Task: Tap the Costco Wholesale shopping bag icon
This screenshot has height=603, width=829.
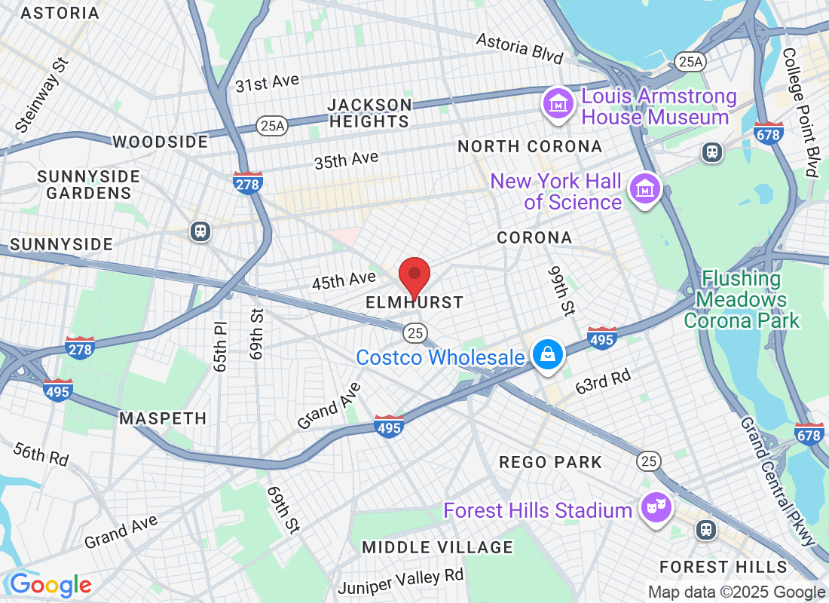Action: click(548, 354)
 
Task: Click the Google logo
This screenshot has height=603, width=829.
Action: click(50, 585)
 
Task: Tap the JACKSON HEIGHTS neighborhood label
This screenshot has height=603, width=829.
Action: click(369, 113)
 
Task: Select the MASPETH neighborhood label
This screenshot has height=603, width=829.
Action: click(163, 418)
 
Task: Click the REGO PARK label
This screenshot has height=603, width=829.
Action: click(551, 462)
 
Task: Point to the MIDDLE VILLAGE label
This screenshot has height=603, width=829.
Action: click(437, 547)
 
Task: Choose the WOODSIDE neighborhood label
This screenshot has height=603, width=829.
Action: click(160, 142)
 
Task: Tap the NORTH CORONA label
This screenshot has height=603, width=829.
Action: click(530, 146)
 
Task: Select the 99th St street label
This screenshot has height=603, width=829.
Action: click(561, 290)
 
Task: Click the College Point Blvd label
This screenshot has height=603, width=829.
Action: click(800, 113)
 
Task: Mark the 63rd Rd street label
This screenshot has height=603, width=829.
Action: click(603, 381)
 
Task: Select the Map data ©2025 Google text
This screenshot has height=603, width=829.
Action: click(736, 592)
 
